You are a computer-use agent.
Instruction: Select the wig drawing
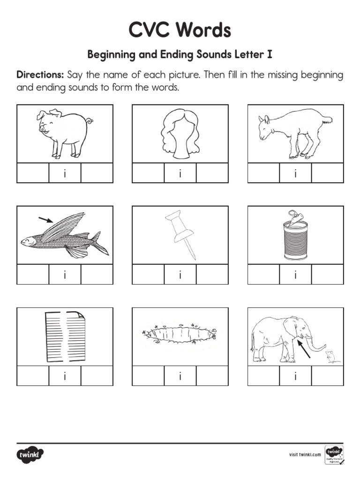click(x=180, y=133)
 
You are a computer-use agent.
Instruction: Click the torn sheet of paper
click(x=65, y=337)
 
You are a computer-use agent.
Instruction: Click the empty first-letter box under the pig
click(x=33, y=173)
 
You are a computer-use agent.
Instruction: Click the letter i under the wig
click(x=180, y=173)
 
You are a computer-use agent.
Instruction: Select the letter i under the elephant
click(x=295, y=376)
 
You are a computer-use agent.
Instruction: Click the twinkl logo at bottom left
click(x=30, y=454)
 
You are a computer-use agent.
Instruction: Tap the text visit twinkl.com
click(x=305, y=454)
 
